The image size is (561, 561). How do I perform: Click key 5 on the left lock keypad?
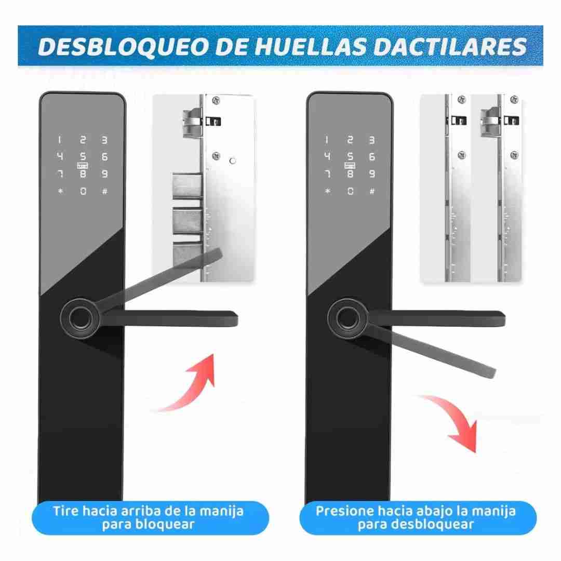[83, 156]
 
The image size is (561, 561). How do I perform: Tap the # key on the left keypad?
[104, 191]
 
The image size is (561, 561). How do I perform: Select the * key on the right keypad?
[327, 191]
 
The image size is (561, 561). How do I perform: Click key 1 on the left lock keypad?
[60, 140]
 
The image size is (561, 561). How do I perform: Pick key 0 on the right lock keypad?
[350, 191]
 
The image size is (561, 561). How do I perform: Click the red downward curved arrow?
[455, 417]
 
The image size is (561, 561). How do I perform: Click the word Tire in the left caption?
[65, 511]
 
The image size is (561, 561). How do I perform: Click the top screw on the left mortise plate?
[216, 101]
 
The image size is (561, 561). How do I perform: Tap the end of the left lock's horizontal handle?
[236, 319]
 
